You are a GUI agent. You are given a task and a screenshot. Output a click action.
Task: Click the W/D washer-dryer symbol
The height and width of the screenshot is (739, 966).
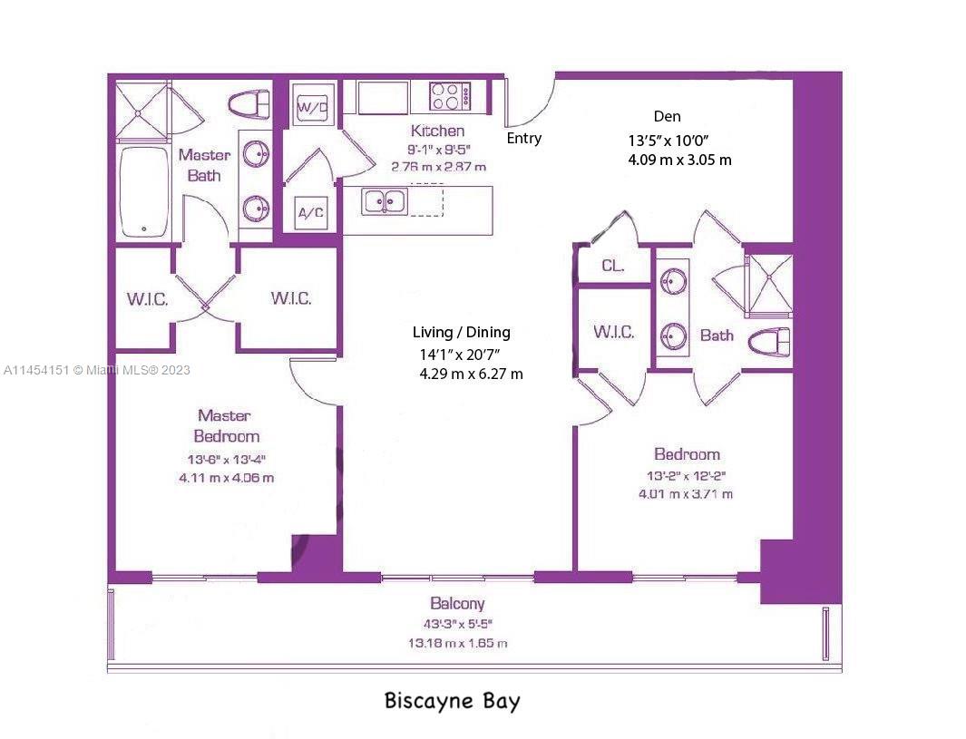click(312, 107)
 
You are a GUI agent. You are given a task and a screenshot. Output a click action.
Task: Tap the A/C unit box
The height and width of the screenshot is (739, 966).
click(310, 213)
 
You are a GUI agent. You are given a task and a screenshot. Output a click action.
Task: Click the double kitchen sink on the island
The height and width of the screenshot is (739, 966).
click(385, 201)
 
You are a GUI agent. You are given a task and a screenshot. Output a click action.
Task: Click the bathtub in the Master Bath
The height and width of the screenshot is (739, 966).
click(144, 191)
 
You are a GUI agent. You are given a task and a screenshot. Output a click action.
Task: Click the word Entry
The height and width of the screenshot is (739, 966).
click(523, 139)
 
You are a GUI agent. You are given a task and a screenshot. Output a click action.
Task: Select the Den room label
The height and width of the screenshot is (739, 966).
click(667, 117)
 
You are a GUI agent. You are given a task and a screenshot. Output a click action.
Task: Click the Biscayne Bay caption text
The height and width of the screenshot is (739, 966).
click(452, 701)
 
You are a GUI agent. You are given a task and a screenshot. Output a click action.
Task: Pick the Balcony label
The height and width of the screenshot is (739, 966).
click(457, 603)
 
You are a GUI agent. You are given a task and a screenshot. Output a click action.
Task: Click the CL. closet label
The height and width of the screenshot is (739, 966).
click(613, 266)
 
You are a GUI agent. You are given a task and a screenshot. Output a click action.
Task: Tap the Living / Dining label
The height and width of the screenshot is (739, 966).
click(461, 333)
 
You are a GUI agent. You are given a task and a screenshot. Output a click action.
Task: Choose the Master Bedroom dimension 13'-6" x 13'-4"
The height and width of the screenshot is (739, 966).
click(226, 460)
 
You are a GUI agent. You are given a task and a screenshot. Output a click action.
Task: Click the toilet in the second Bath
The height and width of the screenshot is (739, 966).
click(768, 343)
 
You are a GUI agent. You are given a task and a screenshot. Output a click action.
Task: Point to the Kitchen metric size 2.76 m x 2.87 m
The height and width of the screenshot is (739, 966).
click(438, 167)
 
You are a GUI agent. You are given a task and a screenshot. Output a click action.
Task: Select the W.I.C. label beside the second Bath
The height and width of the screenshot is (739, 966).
click(613, 332)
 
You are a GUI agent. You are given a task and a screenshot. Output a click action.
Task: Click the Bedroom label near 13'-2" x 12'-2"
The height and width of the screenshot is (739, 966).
click(687, 454)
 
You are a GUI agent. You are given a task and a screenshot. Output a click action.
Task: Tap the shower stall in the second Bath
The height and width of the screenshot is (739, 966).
click(767, 286)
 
